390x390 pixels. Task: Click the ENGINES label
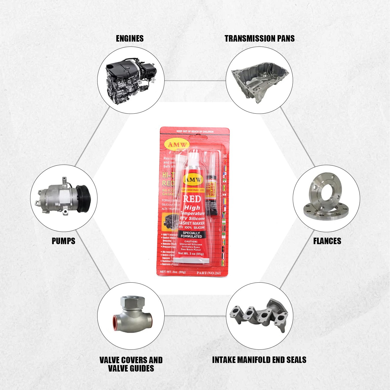click(x=130, y=38)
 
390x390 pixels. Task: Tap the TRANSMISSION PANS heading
click(x=259, y=38)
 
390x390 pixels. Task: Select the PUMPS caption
click(x=63, y=241)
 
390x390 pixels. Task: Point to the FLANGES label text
click(x=327, y=241)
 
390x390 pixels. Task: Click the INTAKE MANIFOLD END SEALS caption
click(x=259, y=360)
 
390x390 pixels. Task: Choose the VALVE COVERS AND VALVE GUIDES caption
click(x=131, y=364)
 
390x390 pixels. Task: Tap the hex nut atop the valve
click(x=133, y=302)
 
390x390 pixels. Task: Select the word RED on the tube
click(x=192, y=199)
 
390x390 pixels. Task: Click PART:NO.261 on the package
click(x=209, y=273)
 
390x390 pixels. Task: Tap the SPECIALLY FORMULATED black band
click(x=191, y=235)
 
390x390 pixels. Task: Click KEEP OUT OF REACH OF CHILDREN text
click(x=195, y=132)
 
